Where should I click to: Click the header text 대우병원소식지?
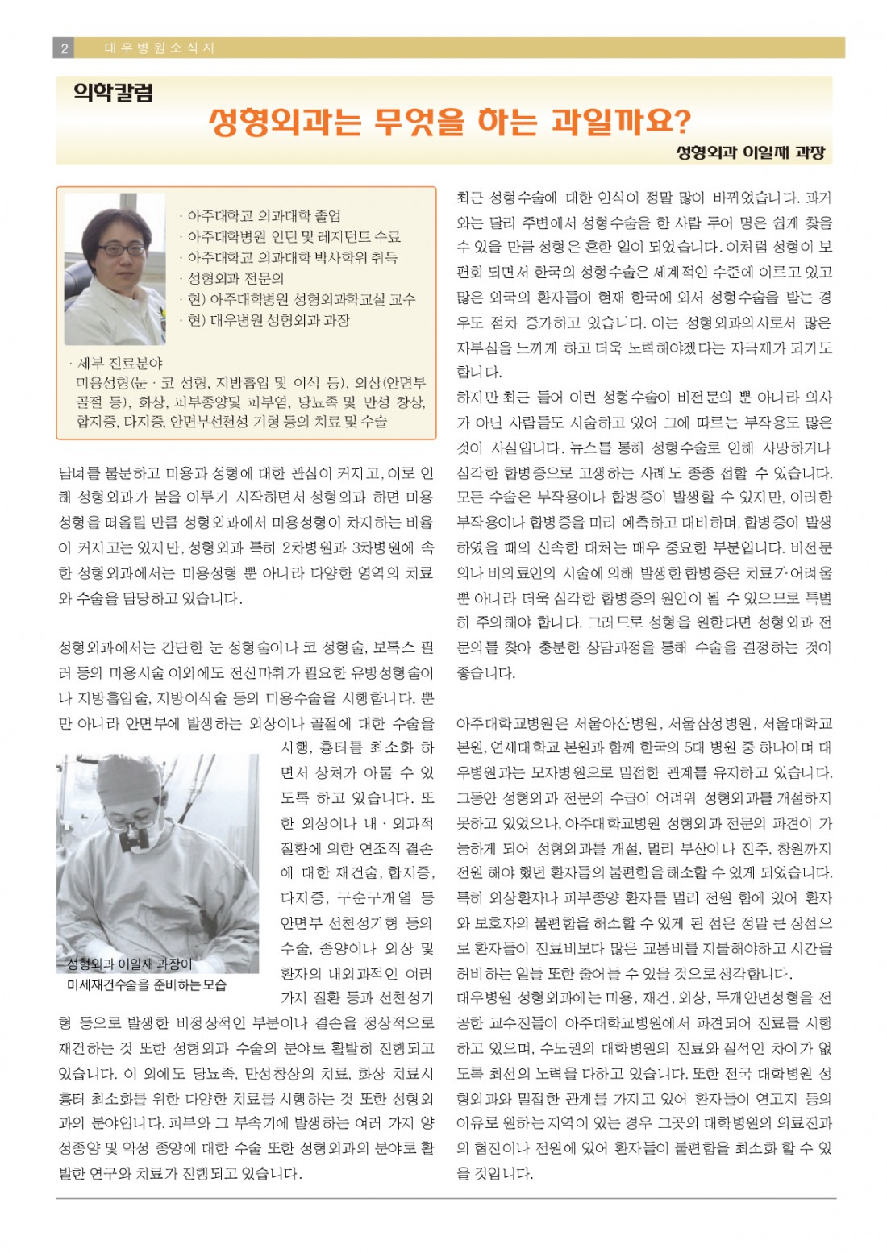pyautogui.click(x=160, y=48)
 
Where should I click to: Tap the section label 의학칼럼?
pyautogui.click(x=113, y=94)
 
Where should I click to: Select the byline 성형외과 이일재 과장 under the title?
pyautogui.click(x=750, y=152)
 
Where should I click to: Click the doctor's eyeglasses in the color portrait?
pyautogui.click(x=119, y=249)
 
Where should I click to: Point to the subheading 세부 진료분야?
pyautogui.click(x=119, y=363)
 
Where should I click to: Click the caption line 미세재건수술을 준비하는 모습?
pyautogui.click(x=147, y=984)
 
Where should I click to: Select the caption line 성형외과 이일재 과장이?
pyautogui.click(x=129, y=964)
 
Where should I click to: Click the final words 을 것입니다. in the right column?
pyautogui.click(x=495, y=1173)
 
